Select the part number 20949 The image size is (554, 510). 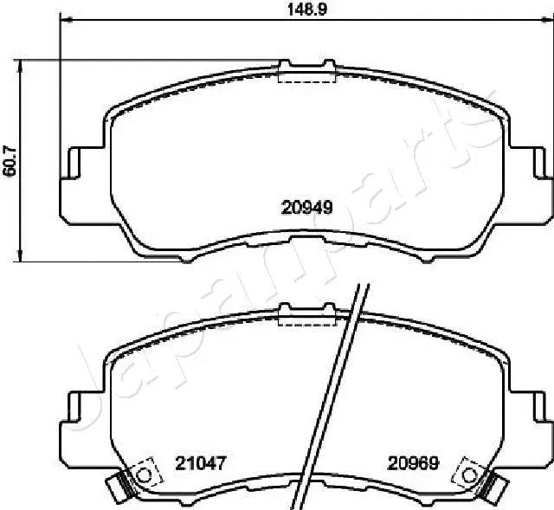(x=306, y=207)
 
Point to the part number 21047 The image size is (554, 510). (x=205, y=463)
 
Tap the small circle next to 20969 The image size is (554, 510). (x=470, y=474)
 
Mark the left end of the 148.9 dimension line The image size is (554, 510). (x=60, y=21)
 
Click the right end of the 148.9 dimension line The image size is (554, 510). (x=551, y=21)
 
